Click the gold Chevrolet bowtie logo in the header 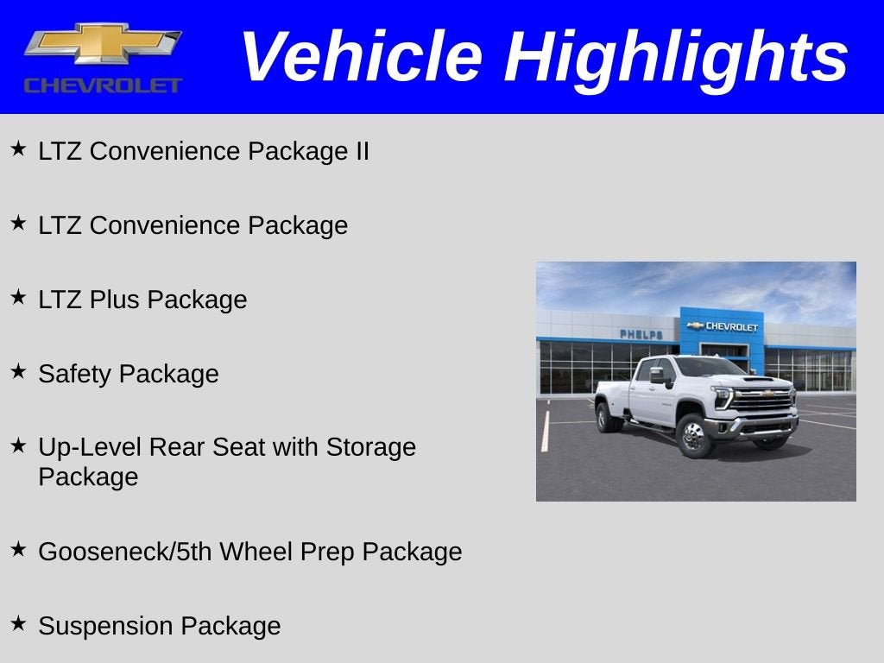click(x=103, y=45)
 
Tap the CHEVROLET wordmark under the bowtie click(x=103, y=85)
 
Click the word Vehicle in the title click(x=360, y=57)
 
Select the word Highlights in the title click(x=676, y=57)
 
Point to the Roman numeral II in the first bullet click(x=360, y=151)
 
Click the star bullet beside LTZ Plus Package click(x=18, y=298)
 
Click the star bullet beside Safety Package click(x=18, y=372)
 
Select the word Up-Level click(x=90, y=447)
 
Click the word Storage click(x=370, y=447)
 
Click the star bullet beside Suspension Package click(x=18, y=624)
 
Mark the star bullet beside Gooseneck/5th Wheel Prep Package click(x=18, y=550)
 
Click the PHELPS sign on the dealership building click(x=641, y=334)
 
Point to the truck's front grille click(x=762, y=400)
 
